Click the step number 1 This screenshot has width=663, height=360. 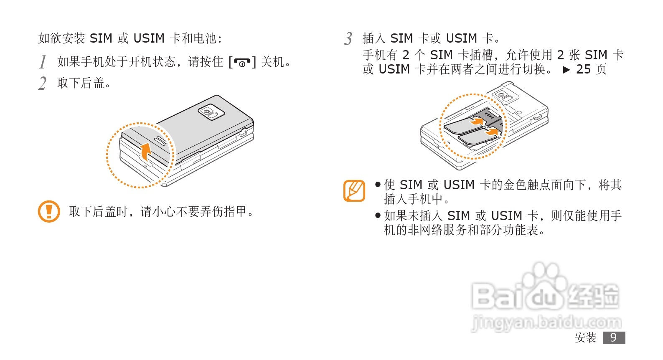42,62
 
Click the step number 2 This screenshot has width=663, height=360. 42,83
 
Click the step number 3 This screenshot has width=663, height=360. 348,38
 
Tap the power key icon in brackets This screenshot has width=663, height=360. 242,63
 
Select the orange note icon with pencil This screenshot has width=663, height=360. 354,191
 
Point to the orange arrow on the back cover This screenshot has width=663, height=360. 145,151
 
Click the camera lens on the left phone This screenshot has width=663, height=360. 207,112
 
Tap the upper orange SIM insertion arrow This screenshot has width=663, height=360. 476,122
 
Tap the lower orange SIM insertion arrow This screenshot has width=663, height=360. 492,132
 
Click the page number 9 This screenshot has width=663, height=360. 613,337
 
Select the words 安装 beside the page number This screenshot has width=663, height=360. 586,337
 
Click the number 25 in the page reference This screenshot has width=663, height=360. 583,69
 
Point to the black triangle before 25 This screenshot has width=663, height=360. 566,70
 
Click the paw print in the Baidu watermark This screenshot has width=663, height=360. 542,278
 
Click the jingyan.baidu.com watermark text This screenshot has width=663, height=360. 546,322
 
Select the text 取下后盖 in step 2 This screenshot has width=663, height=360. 81,83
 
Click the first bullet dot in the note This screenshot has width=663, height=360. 378,184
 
